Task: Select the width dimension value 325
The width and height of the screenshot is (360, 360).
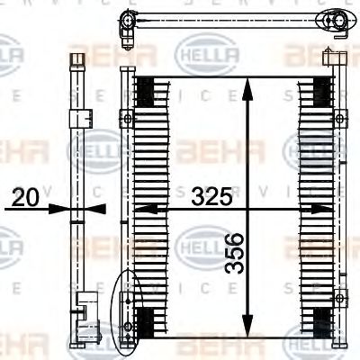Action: coord(211,195)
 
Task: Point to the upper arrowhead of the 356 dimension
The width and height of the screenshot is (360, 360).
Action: coord(247,83)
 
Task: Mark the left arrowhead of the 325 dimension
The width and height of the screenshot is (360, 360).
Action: coord(143,209)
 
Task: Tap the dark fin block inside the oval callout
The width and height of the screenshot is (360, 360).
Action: coord(143,320)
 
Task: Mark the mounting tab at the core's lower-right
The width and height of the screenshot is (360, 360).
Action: coord(338,298)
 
